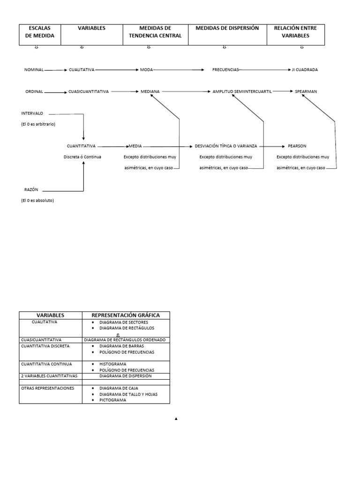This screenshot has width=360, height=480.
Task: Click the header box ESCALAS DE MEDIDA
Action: (x=40, y=32)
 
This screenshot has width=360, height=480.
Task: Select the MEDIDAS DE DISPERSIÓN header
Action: (x=227, y=29)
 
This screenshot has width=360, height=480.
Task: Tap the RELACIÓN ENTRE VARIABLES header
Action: (x=295, y=32)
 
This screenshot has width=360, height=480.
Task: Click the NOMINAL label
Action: (x=34, y=70)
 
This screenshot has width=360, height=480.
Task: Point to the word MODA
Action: (x=146, y=70)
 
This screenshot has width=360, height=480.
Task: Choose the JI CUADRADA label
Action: (x=305, y=70)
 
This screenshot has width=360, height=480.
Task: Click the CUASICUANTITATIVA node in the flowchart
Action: (x=89, y=92)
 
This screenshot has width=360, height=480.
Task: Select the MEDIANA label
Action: (x=150, y=92)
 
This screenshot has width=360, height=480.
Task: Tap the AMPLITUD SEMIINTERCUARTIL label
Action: (x=242, y=92)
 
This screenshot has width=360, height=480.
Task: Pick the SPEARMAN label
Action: (x=306, y=92)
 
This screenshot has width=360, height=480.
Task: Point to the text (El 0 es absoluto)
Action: (x=37, y=201)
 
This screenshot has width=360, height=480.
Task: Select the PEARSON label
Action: (x=297, y=146)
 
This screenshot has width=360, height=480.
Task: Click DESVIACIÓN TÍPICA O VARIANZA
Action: (x=226, y=146)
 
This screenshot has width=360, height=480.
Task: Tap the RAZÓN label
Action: (x=31, y=190)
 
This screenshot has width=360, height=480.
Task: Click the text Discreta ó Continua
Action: (x=82, y=157)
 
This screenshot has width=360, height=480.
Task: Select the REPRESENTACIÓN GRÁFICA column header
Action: (x=126, y=315)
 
